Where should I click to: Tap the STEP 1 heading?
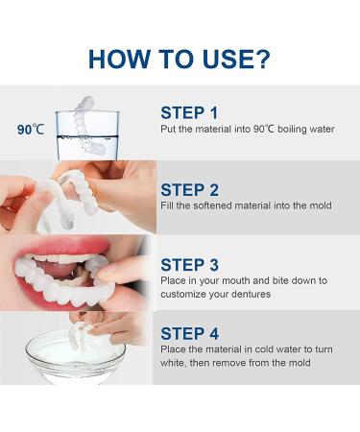click(x=191, y=111)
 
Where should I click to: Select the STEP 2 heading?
click(x=191, y=189)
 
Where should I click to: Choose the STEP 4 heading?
click(x=191, y=333)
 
